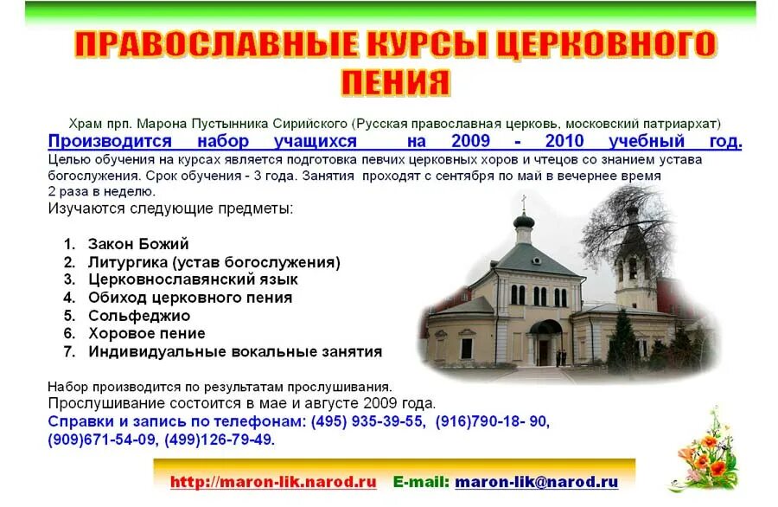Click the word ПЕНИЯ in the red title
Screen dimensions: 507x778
click(x=395, y=82)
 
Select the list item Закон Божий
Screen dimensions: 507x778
click(x=138, y=244)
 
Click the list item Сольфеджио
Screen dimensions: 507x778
click(x=138, y=316)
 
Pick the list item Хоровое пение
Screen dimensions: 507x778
click(x=146, y=333)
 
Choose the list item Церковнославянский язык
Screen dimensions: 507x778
click(x=193, y=279)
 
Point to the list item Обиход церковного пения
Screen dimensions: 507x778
click(x=189, y=298)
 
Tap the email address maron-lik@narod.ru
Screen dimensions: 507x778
click(x=536, y=482)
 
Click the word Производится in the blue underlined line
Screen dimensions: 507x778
click(x=110, y=141)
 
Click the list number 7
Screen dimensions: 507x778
click(x=69, y=351)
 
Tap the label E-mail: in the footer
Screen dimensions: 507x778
click(x=421, y=482)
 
